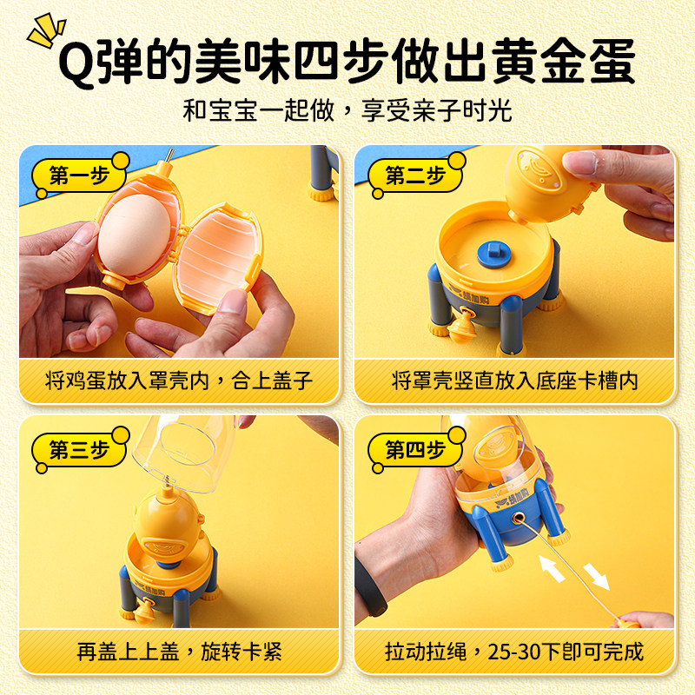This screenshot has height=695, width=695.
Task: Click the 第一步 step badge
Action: pos(80,175)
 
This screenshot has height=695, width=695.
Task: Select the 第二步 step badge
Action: pos(416,175)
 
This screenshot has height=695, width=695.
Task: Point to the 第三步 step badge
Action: pos(80,450)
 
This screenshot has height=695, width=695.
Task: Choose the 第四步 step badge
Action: pos(416,450)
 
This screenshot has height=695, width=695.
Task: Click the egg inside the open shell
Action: pos(134,235)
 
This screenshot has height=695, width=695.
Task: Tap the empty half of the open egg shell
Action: pos(218,258)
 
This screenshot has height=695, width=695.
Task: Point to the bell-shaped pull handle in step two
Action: pos(462,328)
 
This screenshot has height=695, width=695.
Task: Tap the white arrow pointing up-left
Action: pos(552,568)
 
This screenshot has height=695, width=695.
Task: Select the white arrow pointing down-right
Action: pos(597,577)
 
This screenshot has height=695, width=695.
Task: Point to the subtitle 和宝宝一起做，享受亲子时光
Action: pos(347,110)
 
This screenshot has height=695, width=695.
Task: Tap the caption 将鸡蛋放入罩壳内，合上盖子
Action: pos(179,381)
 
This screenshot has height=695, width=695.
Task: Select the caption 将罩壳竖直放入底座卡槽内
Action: pos(514,381)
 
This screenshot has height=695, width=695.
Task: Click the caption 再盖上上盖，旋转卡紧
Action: pos(179,652)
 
